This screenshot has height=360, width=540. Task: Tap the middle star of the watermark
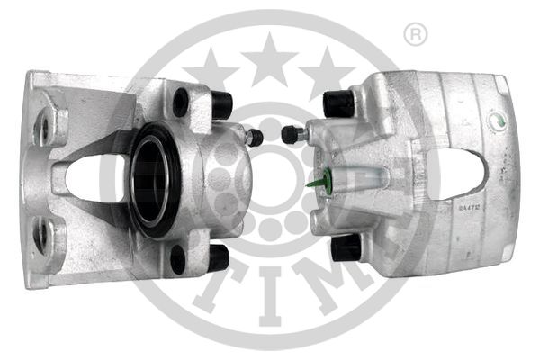point(269,60)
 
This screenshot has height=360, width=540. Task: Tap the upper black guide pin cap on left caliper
point(220,105)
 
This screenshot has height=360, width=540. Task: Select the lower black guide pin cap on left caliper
point(216,257)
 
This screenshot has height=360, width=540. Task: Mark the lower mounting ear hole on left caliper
point(41,237)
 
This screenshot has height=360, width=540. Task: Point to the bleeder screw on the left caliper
point(254,138)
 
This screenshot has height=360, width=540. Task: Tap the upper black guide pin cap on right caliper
point(339,103)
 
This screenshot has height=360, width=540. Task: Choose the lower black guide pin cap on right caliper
point(346,247)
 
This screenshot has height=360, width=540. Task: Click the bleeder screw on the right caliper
point(291,135)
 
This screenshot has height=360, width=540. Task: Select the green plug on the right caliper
point(315,184)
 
